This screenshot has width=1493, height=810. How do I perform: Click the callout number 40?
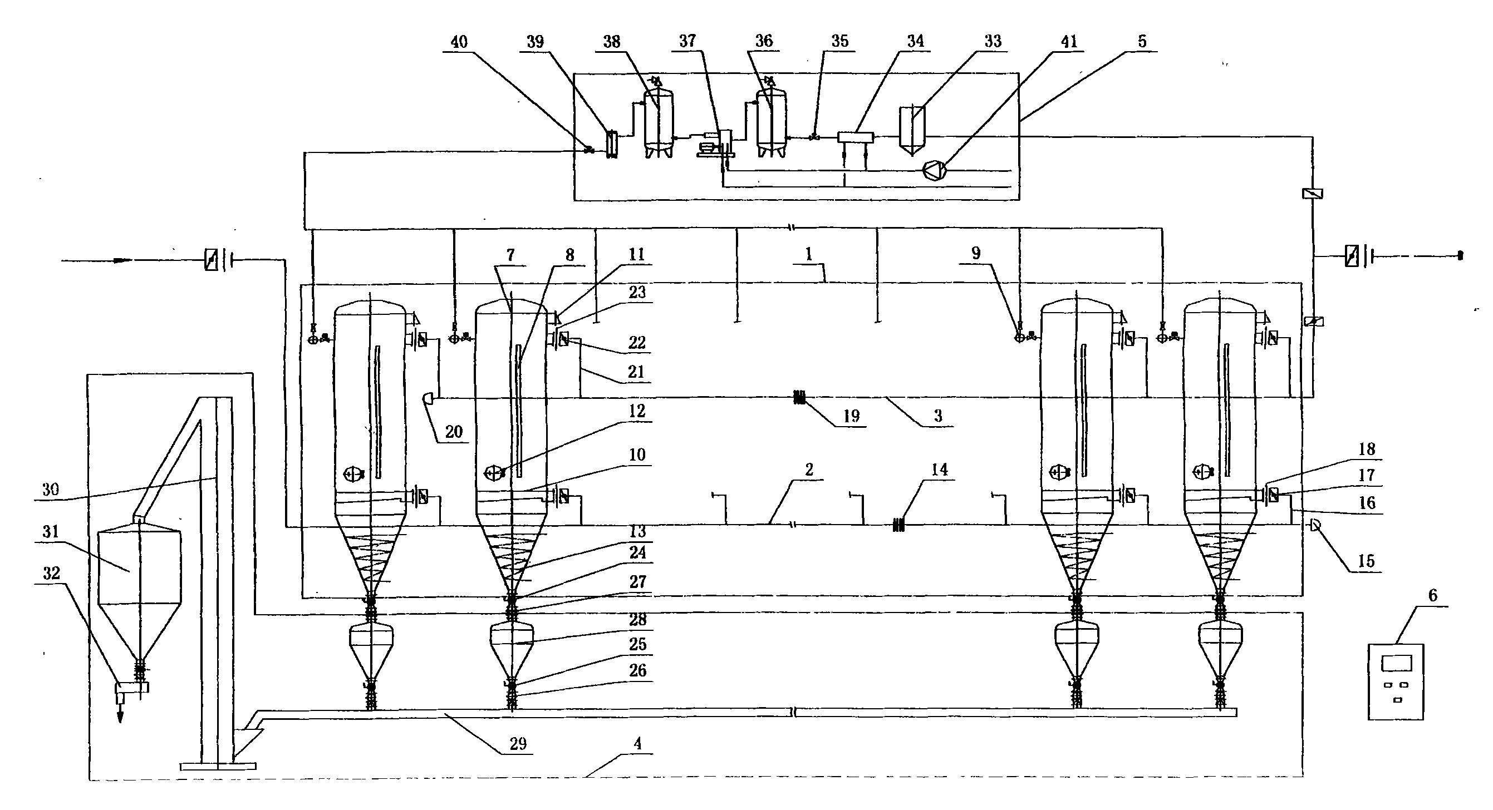click(x=459, y=42)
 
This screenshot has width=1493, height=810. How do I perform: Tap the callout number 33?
click(x=993, y=42)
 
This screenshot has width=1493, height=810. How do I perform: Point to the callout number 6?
click(x=1432, y=596)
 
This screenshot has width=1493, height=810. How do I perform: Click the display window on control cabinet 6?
click(x=1396, y=662)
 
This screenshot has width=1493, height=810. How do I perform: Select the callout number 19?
click(x=851, y=416)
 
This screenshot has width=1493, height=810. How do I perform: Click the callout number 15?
click(x=1366, y=561)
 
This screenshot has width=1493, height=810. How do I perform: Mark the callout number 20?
click(x=454, y=432)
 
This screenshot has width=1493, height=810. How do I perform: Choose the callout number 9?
click(x=976, y=253)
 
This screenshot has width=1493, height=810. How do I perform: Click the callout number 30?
click(x=52, y=490)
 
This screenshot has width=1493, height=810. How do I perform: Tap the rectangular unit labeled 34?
click(x=856, y=137)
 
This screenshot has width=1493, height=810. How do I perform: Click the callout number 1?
click(x=808, y=254)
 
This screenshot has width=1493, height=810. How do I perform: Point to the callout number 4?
click(x=637, y=743)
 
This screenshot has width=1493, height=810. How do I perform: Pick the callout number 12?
click(x=637, y=411)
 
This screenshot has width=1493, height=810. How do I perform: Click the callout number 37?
click(x=687, y=41)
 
